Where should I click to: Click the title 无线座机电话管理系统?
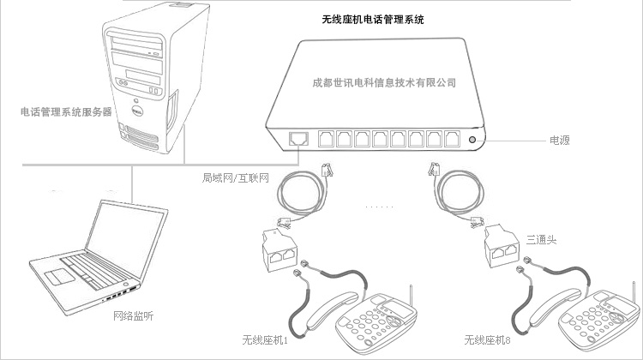tap(373, 18)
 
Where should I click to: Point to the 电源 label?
tap(560, 139)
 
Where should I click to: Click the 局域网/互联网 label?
tap(236, 178)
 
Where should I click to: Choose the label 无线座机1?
tap(266, 339)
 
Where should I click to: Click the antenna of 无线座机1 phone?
tap(411, 296)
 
